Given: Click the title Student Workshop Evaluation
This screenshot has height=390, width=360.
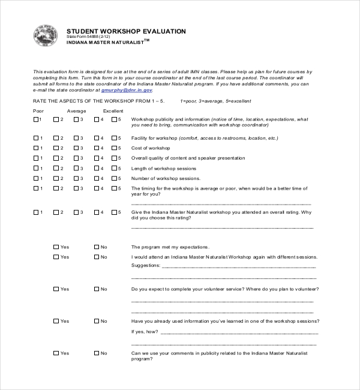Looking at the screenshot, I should (x=126, y=31).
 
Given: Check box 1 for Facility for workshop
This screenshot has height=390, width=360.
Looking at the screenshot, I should (x=36, y=138).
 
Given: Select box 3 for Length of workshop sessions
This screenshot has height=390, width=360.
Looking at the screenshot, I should (x=76, y=169).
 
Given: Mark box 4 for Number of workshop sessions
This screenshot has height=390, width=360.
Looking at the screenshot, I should (x=96, y=179).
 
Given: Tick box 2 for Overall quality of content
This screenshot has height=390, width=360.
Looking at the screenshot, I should (x=56, y=158).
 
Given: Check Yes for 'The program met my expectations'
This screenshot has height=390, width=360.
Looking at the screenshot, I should (x=56, y=247).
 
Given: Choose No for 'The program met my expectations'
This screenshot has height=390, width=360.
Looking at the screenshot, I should (x=96, y=247).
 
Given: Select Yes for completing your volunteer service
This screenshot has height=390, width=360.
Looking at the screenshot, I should (x=56, y=289).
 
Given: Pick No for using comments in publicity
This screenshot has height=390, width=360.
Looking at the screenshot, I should (x=96, y=353).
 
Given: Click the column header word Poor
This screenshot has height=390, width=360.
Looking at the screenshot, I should (x=38, y=111).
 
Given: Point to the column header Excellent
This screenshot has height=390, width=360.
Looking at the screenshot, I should (x=113, y=111).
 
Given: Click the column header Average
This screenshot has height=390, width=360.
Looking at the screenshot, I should (x=76, y=111).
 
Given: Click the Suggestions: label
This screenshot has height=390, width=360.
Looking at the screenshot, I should (x=146, y=265).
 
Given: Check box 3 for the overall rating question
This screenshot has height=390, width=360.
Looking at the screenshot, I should (x=76, y=212).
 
